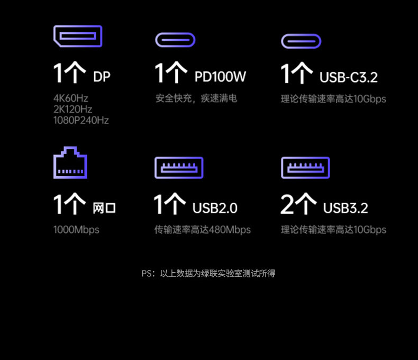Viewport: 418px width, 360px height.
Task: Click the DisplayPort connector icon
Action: point(77,36)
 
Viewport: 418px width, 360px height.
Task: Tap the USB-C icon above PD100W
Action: point(175,40)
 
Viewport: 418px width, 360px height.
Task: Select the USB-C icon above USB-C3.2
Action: point(301,41)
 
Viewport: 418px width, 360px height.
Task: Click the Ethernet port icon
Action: point(70,163)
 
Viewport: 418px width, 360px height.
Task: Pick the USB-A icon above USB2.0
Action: point(178,167)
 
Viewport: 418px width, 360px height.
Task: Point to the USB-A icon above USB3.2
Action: point(305,167)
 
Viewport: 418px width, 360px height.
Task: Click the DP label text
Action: point(102,77)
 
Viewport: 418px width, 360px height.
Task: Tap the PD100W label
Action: point(220,77)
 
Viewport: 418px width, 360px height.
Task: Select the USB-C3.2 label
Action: point(349,77)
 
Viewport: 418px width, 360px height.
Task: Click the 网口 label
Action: point(104,208)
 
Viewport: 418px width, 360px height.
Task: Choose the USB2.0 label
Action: point(215,208)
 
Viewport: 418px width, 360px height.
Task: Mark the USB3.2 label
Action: point(346,208)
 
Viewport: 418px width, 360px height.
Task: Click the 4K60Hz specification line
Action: point(71,98)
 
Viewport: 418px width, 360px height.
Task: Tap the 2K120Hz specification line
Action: point(73,110)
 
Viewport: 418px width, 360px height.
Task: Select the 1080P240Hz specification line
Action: point(81,121)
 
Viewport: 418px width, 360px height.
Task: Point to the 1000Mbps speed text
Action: point(76,230)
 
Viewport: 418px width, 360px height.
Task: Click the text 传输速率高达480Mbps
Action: point(202,230)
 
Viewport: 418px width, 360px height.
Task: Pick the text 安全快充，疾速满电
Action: point(196,98)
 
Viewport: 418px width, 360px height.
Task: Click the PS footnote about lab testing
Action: point(208,274)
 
